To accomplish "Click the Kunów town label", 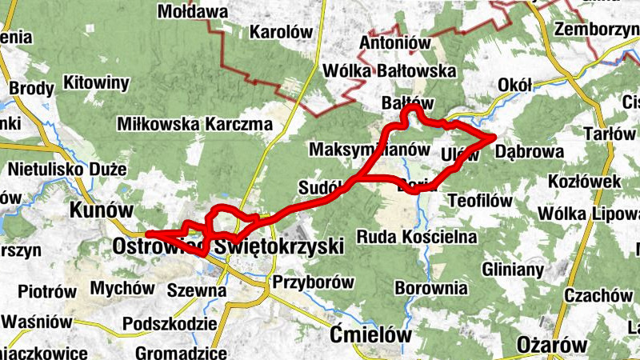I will (x=101, y=210).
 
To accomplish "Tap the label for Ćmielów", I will (x=373, y=334).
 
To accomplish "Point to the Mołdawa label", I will (x=193, y=12).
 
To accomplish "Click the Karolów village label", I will (x=280, y=33).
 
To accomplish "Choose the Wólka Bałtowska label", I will (x=389, y=71).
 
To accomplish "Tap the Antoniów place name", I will (x=396, y=42).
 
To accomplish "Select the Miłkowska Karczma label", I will (x=194, y=124).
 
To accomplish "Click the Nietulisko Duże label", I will (x=67, y=170).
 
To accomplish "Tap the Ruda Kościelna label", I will (x=417, y=237).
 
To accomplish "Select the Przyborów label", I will (x=313, y=282).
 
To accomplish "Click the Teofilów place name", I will (x=480, y=200).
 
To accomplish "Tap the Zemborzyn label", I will (x=596, y=30).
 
